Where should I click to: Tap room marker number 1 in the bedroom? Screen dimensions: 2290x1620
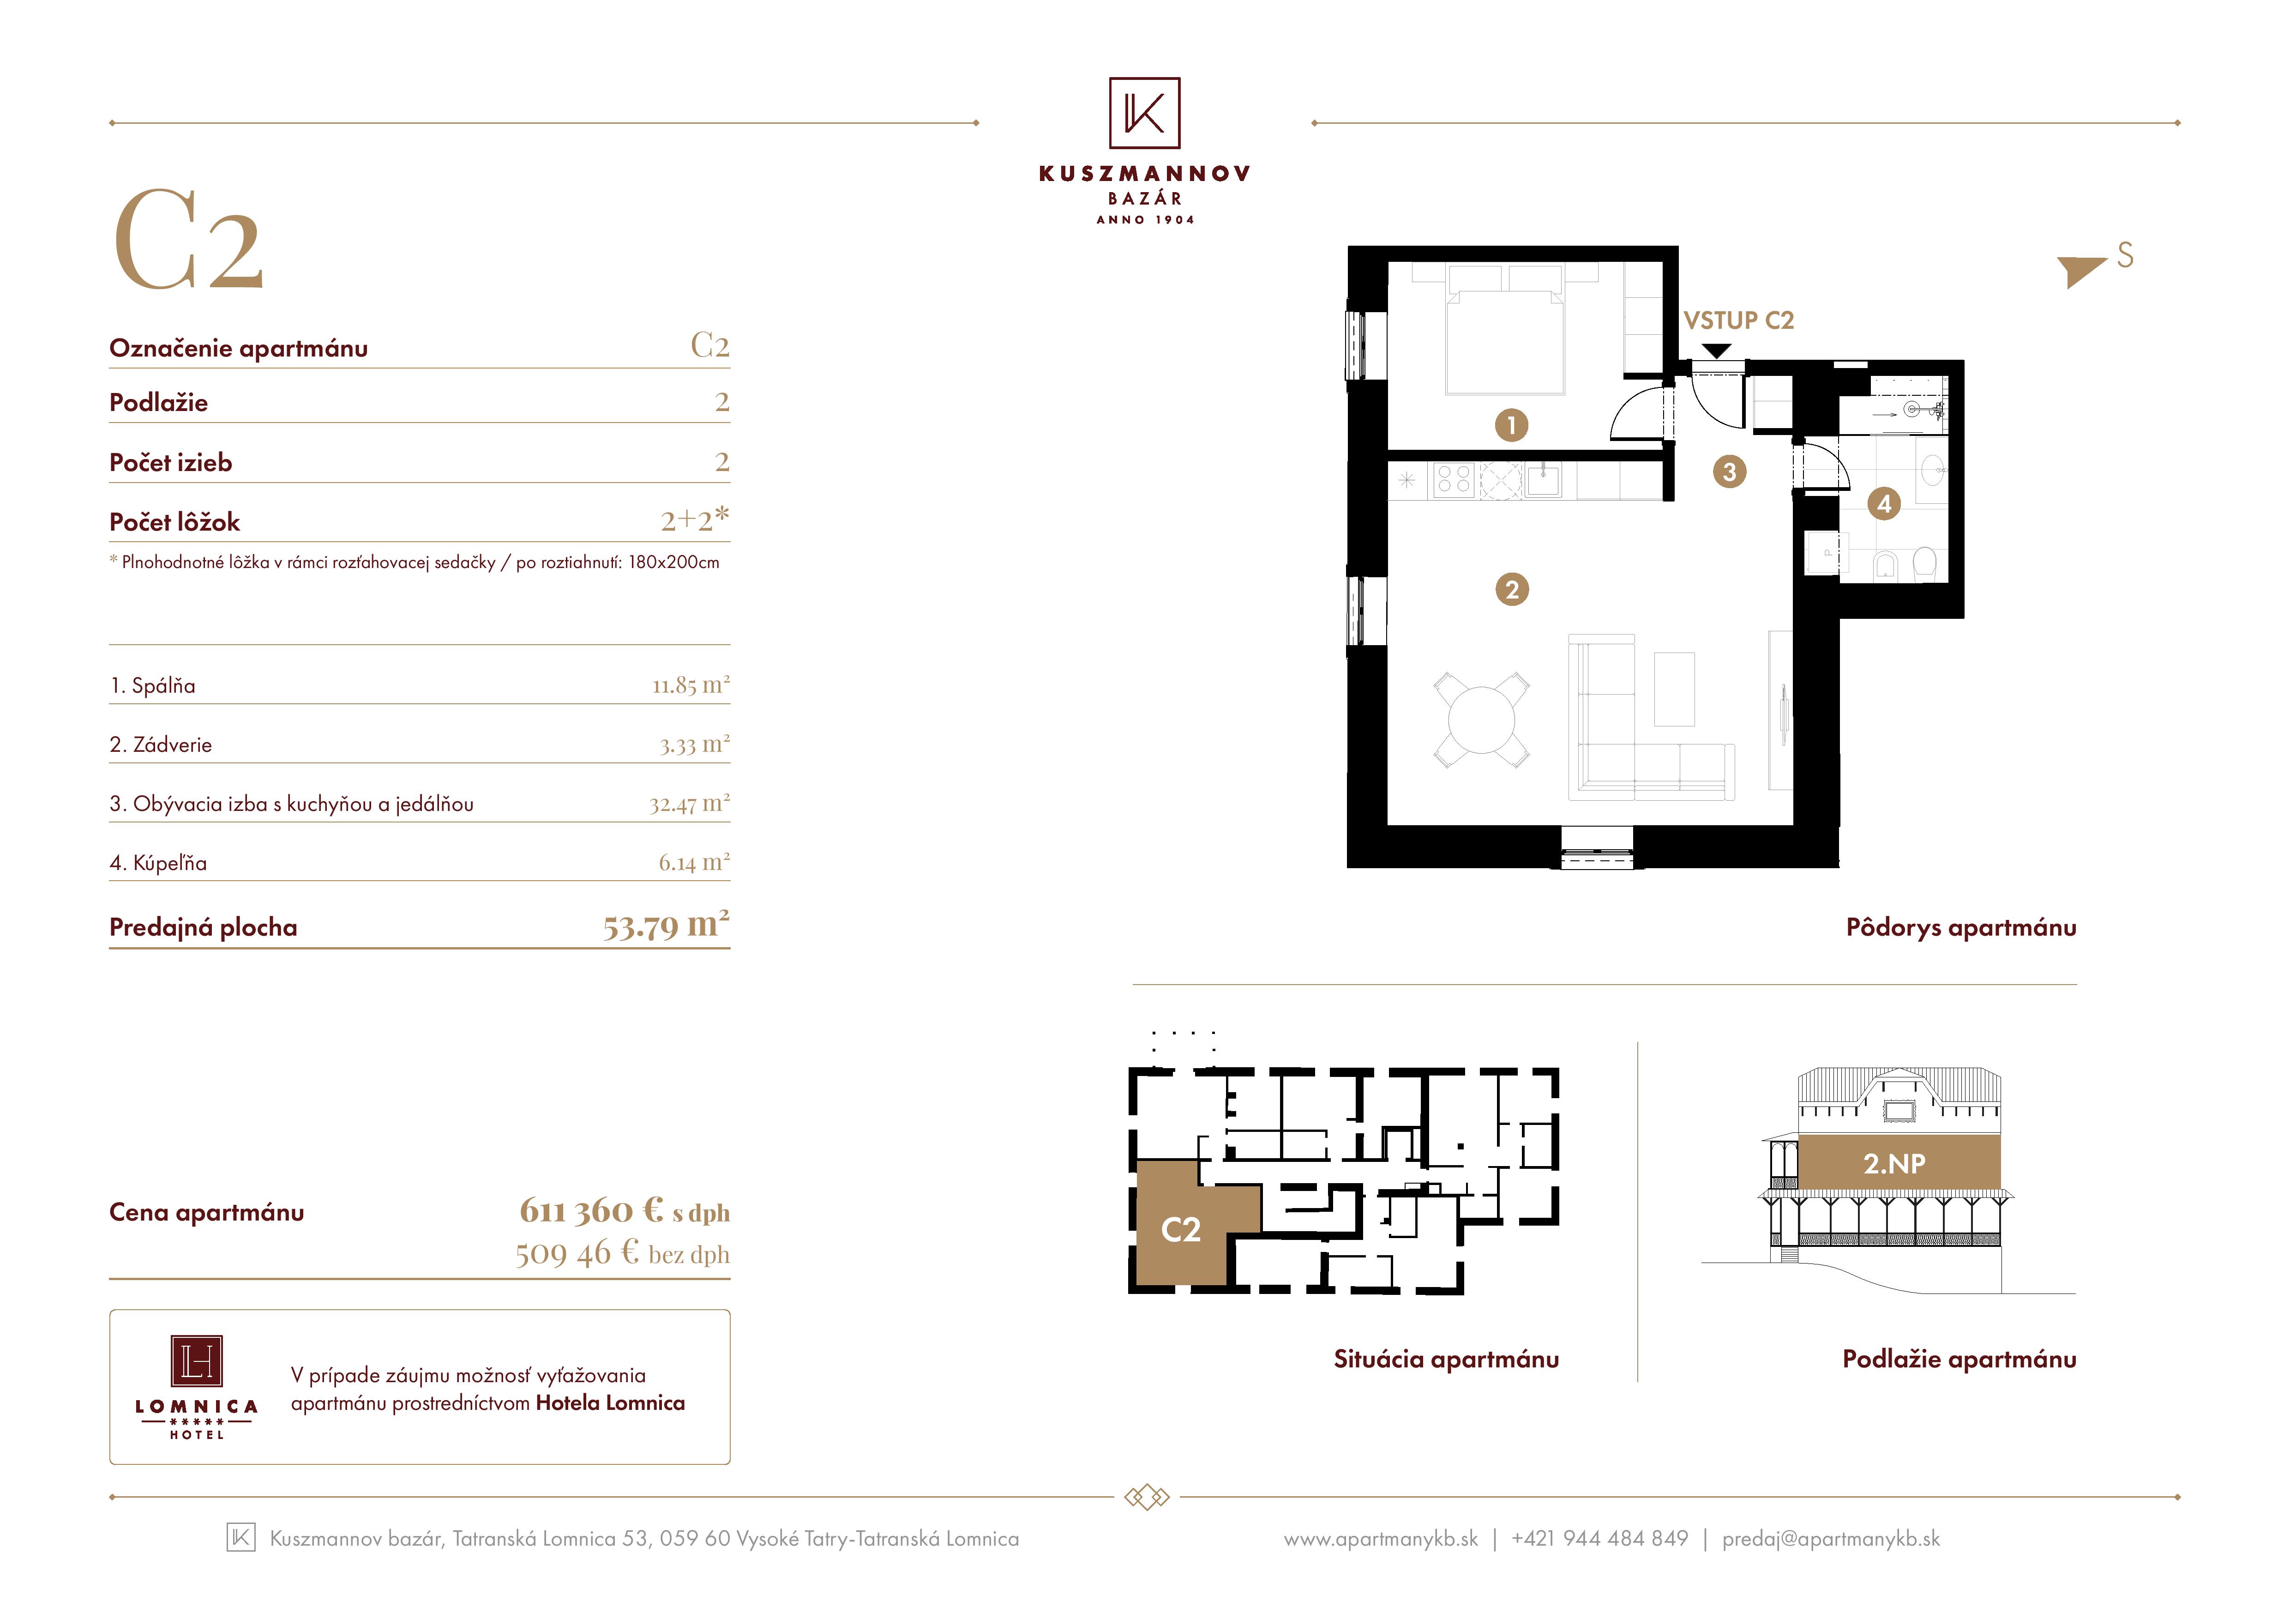click(x=1511, y=426)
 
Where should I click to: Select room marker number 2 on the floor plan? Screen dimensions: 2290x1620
click(x=1512, y=590)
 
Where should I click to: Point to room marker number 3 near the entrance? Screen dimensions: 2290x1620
click(x=1730, y=472)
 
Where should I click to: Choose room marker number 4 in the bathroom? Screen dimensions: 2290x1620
click(x=1884, y=504)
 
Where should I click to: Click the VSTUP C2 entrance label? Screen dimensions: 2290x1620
click(x=1738, y=320)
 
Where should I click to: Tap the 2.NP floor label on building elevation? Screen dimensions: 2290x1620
click(x=1894, y=1163)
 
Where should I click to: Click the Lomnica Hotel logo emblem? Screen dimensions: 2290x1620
click(x=197, y=1362)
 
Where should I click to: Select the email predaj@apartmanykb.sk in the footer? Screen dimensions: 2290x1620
click(x=1831, y=1539)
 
